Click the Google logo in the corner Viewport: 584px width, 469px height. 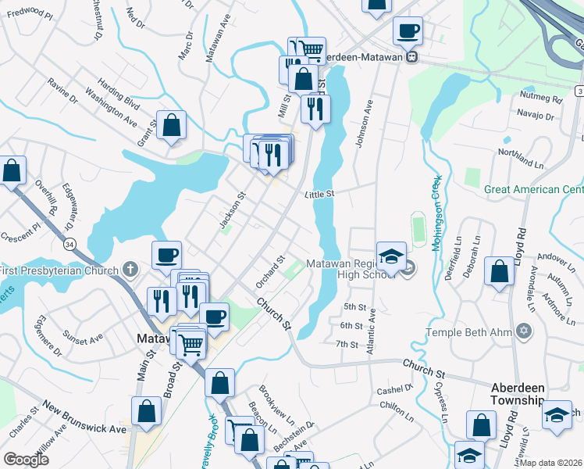[x=27, y=460]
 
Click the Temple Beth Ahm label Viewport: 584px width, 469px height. [x=468, y=332]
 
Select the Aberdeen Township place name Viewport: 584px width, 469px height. [x=517, y=394]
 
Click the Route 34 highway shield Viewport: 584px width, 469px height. [x=69, y=245]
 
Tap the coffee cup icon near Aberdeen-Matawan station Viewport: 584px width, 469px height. [x=408, y=31]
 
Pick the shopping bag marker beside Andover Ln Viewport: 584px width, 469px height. [x=500, y=271]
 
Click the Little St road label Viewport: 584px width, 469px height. [x=319, y=193]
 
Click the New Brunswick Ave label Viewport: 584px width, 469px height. [x=84, y=418]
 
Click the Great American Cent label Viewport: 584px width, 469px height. [x=533, y=189]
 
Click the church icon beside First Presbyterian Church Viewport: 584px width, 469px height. [x=130, y=270]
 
